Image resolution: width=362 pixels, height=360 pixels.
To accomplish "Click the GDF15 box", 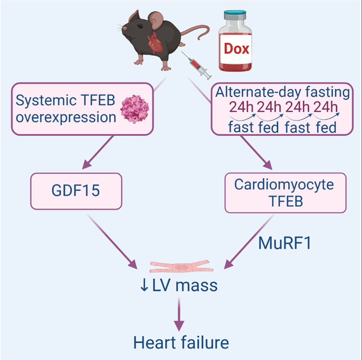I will [x=76, y=191].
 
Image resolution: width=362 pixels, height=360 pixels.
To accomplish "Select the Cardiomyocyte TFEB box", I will [x=285, y=193].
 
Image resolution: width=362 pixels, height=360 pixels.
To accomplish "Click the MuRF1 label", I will [x=285, y=243].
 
